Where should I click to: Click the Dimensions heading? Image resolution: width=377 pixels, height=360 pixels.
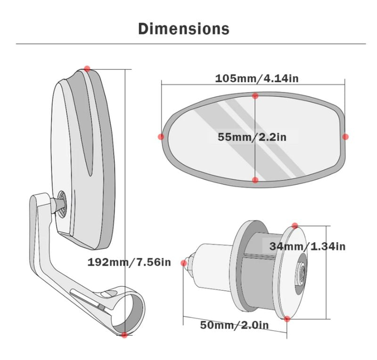pos(184,29)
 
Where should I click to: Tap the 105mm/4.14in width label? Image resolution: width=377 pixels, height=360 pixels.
pos(257,78)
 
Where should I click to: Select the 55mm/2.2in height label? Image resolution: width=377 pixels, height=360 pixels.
pos(252,137)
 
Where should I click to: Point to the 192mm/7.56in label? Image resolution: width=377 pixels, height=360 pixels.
pos(129,262)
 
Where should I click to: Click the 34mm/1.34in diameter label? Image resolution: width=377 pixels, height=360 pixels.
pos(307,246)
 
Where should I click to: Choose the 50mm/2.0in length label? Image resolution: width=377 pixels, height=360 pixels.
pos(234,325)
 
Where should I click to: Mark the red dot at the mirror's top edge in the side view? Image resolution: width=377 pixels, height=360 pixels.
pos(87,68)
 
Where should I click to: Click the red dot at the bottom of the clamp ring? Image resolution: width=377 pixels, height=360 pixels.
pos(124,335)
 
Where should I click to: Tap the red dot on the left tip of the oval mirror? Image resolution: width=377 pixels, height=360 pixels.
pos(161,136)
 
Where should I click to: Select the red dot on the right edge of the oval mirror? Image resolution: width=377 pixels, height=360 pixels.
pos(345,136)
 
